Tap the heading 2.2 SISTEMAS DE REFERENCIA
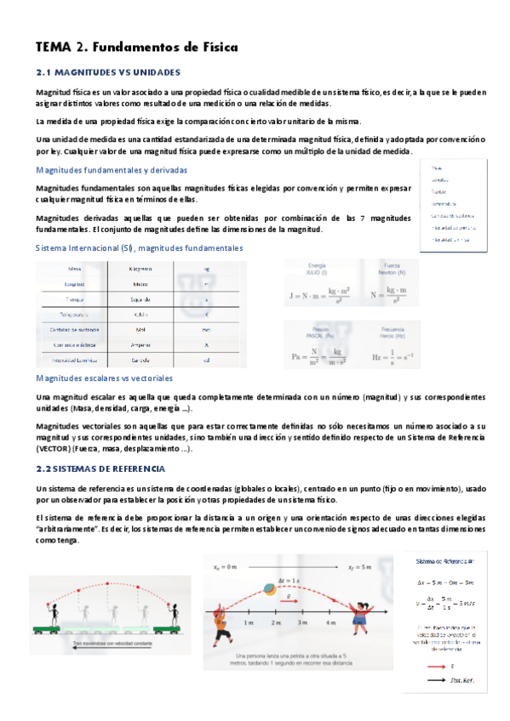pos(106,468)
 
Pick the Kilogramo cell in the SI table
pos(141,268)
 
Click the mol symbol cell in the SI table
pos(206,328)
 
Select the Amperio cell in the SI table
pos(141,343)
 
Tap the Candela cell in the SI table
pos(141,360)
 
